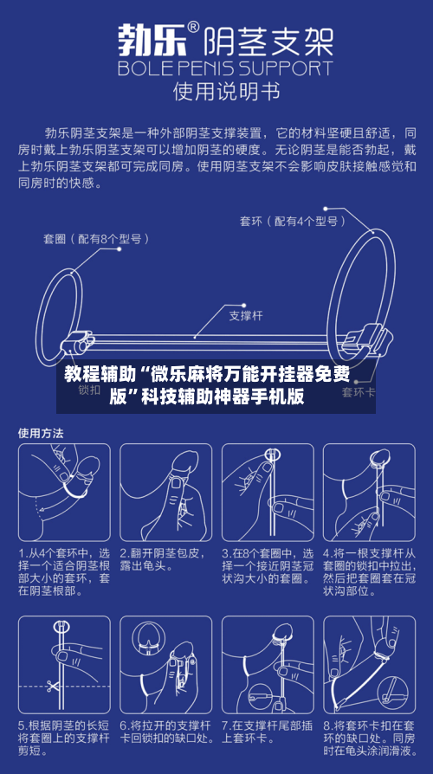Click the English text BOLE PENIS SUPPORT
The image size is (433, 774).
(224, 68)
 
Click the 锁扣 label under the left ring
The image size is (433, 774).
(89, 390)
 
